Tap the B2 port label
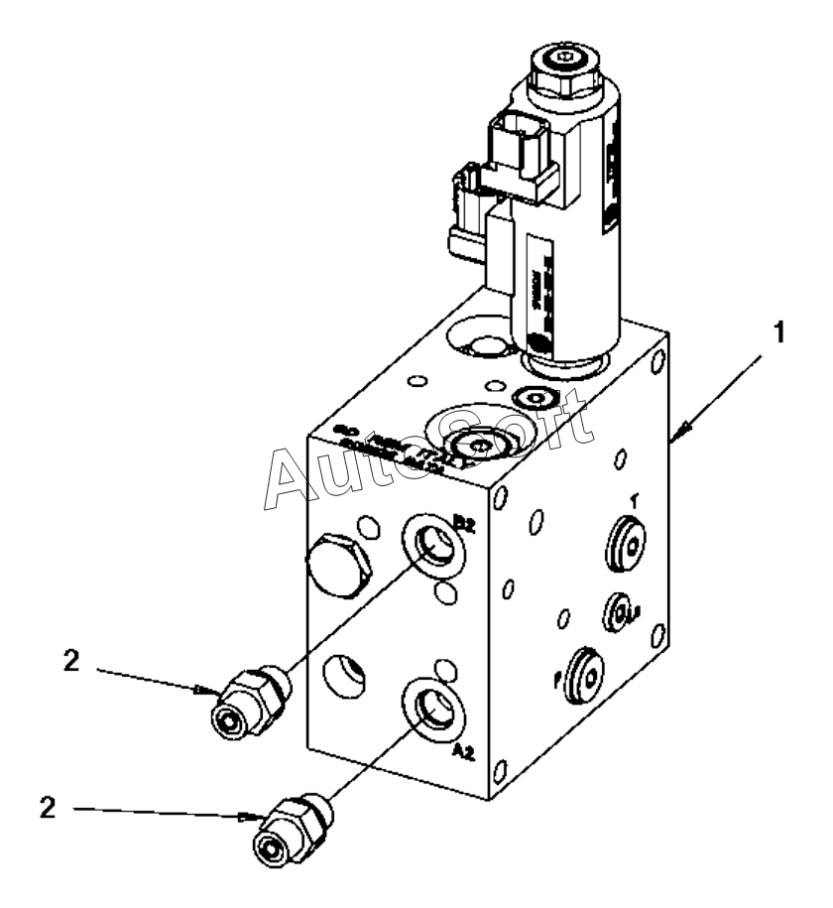[x=465, y=520]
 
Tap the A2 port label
[x=463, y=752]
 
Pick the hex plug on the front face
[x=339, y=567]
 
